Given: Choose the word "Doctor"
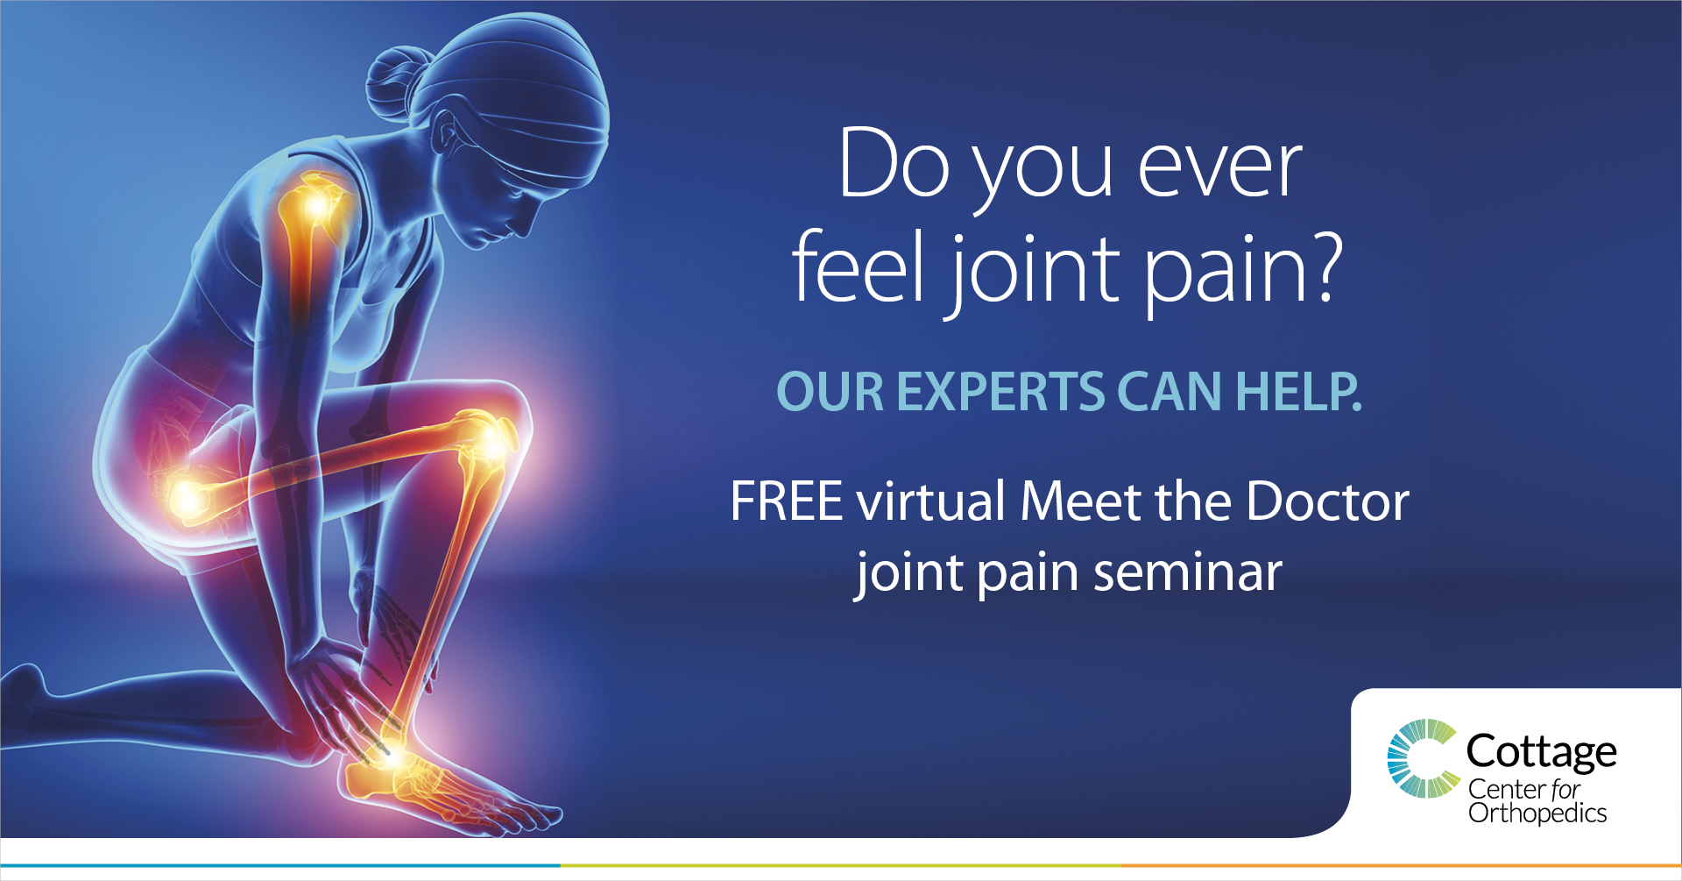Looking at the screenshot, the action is click(x=1327, y=501).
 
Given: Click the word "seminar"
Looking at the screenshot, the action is click(x=1188, y=573).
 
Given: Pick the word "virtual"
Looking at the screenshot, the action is click(x=930, y=501).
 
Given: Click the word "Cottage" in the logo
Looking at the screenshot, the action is click(x=1542, y=752).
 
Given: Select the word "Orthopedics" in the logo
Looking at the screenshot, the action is click(x=1537, y=814).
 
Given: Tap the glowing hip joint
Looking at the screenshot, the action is click(x=187, y=498).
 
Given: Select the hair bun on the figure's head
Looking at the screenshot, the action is click(x=394, y=83).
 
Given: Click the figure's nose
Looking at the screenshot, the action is click(x=527, y=221).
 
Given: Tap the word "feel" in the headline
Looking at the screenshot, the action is click(x=859, y=266).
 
